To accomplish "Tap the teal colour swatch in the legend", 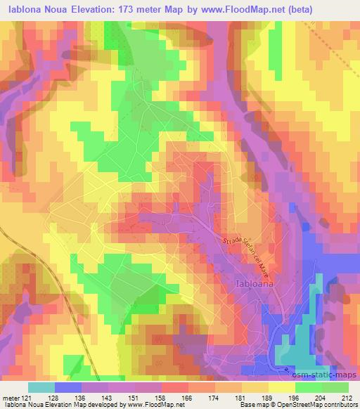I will (x=41, y=387).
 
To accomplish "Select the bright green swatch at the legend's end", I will (x=335, y=387).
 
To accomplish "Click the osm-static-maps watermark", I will (x=330, y=375).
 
